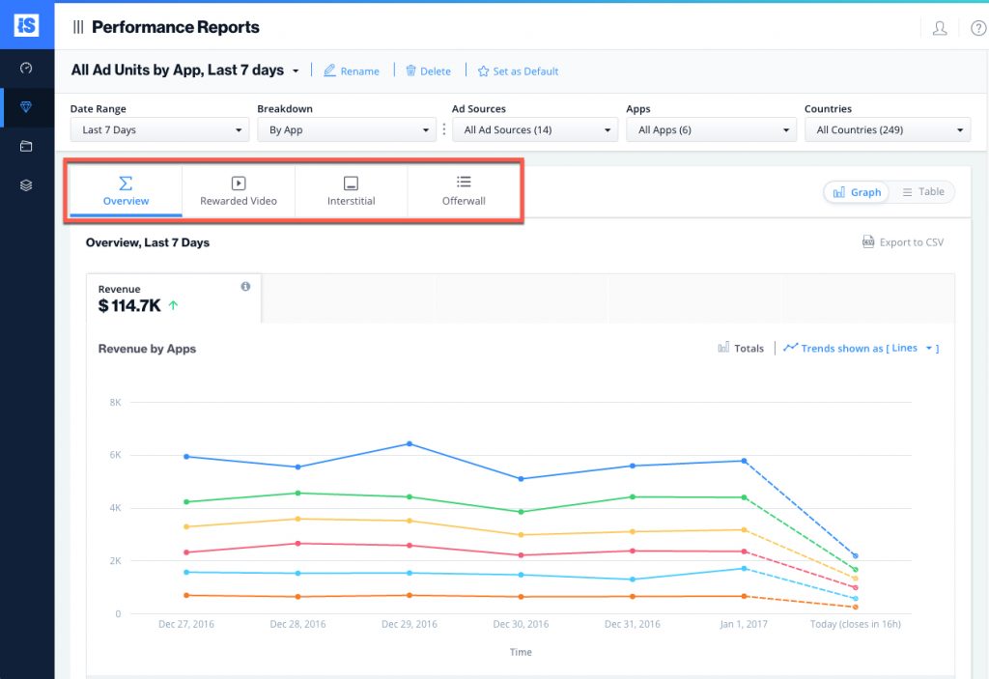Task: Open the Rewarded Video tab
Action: (239, 190)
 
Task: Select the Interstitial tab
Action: (352, 190)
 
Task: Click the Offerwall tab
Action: (464, 190)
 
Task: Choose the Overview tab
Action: (126, 190)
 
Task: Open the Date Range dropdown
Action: (159, 130)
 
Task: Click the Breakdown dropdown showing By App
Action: (347, 130)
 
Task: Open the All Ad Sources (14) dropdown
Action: (535, 130)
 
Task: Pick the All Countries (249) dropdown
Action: (888, 130)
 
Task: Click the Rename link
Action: (352, 71)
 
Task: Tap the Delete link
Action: (428, 71)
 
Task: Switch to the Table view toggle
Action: (923, 192)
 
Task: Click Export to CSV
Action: (903, 242)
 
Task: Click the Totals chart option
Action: (741, 349)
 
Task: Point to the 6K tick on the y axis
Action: (114, 455)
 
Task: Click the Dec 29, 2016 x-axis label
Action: (410, 624)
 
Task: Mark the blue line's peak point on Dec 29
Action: (410, 444)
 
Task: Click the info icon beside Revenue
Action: (245, 287)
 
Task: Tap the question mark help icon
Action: (978, 28)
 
